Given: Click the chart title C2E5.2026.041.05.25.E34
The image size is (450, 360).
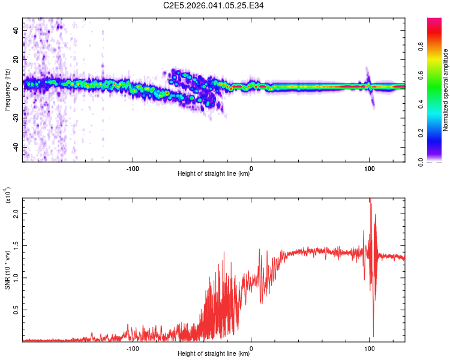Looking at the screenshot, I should (214, 6).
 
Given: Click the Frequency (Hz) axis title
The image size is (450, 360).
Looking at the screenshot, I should (7, 90).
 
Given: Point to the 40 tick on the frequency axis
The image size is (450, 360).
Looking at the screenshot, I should (17, 30).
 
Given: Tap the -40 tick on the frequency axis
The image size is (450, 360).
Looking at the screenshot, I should (15, 147).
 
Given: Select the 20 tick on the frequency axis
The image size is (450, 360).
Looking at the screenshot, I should (17, 59).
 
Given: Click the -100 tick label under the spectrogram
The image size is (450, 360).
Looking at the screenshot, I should (133, 167).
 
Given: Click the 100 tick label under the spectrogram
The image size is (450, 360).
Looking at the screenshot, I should (370, 167).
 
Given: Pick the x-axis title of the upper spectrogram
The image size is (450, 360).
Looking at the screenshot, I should (214, 174).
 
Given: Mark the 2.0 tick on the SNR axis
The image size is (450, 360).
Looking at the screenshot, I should (16, 213).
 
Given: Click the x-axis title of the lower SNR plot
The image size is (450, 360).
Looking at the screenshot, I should (214, 354).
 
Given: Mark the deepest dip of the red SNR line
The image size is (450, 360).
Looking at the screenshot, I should (373, 337).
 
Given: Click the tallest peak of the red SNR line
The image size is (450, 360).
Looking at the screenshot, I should (370, 199).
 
